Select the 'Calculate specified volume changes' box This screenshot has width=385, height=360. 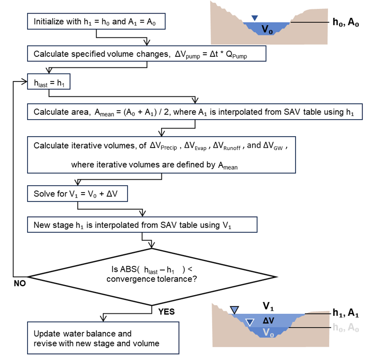pos(147,54)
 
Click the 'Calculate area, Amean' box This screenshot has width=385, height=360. pos(195,112)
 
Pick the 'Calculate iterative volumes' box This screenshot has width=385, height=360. pos(161,155)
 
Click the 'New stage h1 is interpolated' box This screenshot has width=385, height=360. pos(142,225)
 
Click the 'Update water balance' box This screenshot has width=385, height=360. pos(102,338)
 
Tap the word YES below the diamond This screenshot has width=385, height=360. pos(166,312)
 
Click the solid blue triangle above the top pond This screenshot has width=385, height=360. pos(254,18)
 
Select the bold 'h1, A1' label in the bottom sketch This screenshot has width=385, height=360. pos(346,313)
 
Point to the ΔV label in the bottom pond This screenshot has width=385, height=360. pos(269,321)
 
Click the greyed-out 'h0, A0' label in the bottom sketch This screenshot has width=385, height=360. pos(346,328)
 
